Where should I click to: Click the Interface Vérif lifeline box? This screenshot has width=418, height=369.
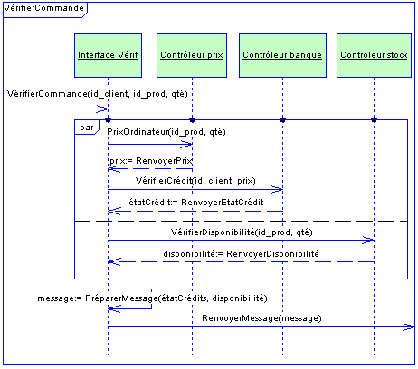[x=108, y=55]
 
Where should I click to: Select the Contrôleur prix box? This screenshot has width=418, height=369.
[x=192, y=55]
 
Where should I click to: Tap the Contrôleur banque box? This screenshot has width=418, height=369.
[x=282, y=55]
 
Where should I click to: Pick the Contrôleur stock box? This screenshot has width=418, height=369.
[x=374, y=55]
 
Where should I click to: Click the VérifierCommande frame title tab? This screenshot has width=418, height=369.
[x=45, y=10]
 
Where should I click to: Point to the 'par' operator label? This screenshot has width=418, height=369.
[x=87, y=128]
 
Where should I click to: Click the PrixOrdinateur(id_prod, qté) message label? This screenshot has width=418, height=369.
[x=166, y=132]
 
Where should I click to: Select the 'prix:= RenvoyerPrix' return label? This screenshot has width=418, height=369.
[x=151, y=161]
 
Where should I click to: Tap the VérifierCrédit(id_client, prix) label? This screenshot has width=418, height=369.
[x=195, y=181]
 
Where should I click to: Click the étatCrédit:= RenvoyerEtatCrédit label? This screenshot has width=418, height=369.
[x=196, y=202]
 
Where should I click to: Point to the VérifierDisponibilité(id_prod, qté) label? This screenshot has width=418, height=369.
[x=242, y=232]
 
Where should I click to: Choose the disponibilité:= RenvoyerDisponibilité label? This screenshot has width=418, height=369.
[x=241, y=254]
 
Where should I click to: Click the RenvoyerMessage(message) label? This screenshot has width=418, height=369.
[x=261, y=318]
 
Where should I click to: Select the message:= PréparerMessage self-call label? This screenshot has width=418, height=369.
[x=152, y=298]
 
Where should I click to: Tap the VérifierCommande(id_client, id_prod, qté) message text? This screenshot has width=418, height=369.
[x=97, y=94]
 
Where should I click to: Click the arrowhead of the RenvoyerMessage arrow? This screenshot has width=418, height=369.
[x=409, y=326]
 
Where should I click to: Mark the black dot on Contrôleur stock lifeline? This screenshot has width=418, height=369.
[x=374, y=120]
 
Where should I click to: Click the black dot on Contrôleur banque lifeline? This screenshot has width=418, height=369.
[x=282, y=120]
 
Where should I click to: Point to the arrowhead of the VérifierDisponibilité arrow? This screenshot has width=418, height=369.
[x=368, y=241]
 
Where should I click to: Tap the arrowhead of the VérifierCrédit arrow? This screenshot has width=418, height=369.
[x=277, y=190]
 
